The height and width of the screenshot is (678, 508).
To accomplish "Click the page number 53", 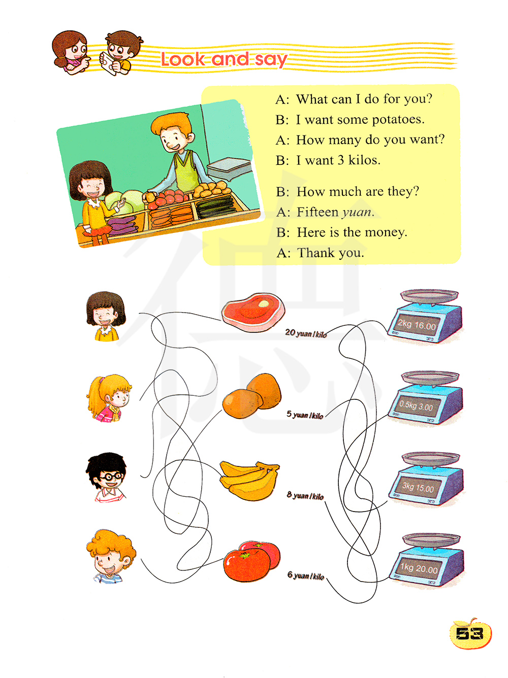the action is click(469, 634).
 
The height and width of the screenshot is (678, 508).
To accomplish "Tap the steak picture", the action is click(253, 312).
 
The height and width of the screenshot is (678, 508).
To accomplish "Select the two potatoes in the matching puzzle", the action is click(251, 396).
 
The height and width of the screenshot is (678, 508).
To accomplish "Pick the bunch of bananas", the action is click(249, 480).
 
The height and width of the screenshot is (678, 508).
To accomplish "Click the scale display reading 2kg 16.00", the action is click(417, 325).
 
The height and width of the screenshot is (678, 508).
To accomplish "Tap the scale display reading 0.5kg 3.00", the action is click(416, 405).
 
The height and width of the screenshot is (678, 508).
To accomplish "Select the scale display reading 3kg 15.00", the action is click(418, 487).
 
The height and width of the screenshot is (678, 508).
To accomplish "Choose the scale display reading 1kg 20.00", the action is click(419, 568).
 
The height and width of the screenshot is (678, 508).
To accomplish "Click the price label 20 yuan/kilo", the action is click(305, 333).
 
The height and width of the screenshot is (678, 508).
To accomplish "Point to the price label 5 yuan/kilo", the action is click(305, 415).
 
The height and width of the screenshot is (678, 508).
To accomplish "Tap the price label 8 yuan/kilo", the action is click(305, 495).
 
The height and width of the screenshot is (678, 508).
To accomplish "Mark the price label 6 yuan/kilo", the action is click(305, 576).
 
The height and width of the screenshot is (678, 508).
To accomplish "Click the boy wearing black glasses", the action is click(107, 477).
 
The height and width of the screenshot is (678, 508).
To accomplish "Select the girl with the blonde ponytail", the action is click(109, 398).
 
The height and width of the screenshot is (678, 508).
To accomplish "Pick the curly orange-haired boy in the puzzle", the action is click(110, 556).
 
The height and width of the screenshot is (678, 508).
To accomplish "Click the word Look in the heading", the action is click(183, 59).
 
